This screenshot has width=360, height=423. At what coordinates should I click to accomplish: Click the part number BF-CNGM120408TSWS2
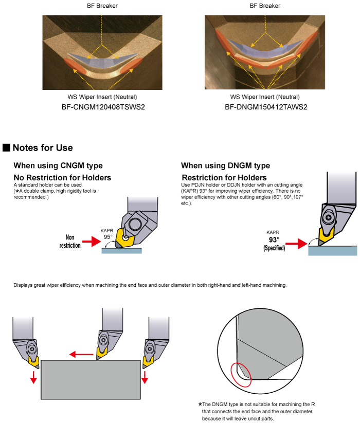102,107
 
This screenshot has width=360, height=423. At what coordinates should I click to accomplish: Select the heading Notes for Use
43,148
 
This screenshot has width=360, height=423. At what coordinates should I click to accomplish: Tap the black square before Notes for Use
7,148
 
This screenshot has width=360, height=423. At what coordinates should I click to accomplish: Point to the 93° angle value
274,240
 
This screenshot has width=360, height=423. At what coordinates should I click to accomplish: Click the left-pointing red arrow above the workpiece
81,354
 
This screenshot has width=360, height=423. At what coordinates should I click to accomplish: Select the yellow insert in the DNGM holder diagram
325,236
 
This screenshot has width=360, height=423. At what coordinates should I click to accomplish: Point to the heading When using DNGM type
225,165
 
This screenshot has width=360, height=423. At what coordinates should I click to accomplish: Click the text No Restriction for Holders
62,177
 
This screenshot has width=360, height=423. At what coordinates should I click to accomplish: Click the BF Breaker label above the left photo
102,6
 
